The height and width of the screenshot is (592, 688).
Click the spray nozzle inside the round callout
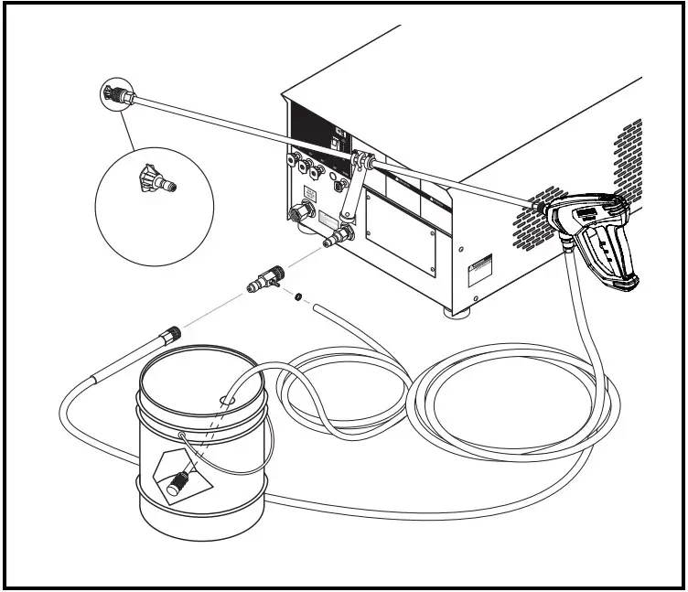[153, 179]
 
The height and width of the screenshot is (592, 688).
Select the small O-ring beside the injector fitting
[299, 296]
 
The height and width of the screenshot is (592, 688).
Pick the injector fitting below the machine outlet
[264, 278]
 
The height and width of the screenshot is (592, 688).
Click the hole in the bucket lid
[226, 399]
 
